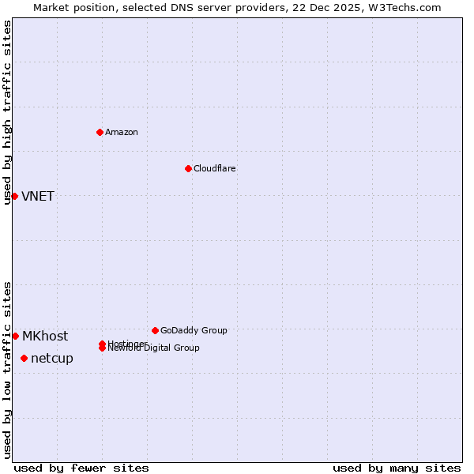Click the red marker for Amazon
click(100, 132)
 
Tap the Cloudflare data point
click(188, 168)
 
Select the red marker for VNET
click(14, 196)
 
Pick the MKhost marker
click(15, 336)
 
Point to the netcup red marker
click(24, 358)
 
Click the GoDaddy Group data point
click(155, 330)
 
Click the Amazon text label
click(121, 132)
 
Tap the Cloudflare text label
click(214, 168)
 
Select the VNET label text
click(38, 196)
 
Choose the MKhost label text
click(45, 336)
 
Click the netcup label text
click(52, 358)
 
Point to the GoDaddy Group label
click(194, 330)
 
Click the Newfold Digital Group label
click(155, 348)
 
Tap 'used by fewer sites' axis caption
click(81, 468)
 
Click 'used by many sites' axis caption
click(397, 468)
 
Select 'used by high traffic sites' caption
click(7, 112)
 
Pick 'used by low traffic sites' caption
click(7, 369)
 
